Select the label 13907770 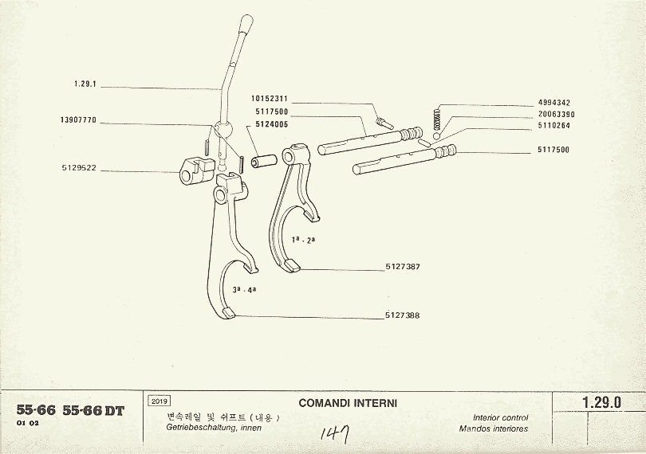(77, 120)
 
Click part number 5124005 (272, 124)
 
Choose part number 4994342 (553, 103)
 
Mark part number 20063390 (556, 115)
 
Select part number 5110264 (553, 125)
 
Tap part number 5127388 (402, 315)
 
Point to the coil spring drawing (435, 118)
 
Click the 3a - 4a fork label (244, 291)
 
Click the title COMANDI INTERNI (348, 403)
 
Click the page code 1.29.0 (601, 403)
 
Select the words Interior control (500, 417)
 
